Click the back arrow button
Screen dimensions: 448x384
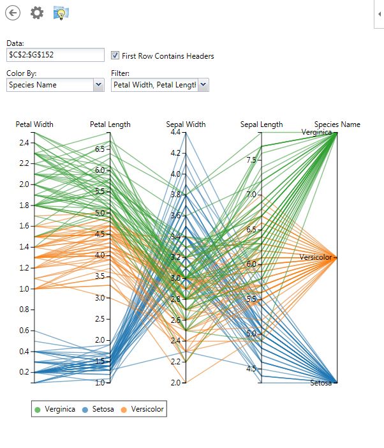pos(12,13)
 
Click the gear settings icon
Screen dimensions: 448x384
pos(37,13)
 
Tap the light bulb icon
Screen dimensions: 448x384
pos(61,13)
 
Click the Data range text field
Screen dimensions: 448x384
pos(55,55)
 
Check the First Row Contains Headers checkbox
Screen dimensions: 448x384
pos(115,56)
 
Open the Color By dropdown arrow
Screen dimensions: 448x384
pos(98,85)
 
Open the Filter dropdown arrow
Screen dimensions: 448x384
pos(203,84)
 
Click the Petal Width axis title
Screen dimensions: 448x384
pos(34,124)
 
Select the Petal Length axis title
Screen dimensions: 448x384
pos(110,124)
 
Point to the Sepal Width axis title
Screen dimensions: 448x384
pos(186,124)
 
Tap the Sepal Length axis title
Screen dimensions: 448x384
pos(261,124)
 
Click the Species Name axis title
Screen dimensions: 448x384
pos(337,124)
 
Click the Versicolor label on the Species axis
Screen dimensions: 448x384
pos(317,257)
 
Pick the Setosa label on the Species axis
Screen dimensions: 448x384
pos(321,383)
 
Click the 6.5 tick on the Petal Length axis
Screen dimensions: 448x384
pos(100,149)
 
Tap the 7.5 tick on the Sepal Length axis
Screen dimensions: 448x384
pos(251,160)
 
